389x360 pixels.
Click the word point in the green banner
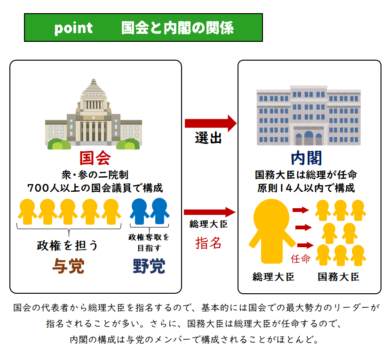[73, 28]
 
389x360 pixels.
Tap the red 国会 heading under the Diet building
[95, 158]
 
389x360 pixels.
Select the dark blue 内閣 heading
[306, 158]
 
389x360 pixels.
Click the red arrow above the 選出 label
[211, 123]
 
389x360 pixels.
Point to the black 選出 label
[208, 138]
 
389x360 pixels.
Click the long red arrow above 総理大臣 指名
[210, 212]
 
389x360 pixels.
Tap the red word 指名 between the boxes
[208, 243]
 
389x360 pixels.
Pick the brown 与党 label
[69, 266]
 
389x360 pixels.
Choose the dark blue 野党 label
[149, 266]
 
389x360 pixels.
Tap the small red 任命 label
[301, 258]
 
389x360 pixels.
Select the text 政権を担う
[67, 245]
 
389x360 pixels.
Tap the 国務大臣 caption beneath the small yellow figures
[338, 277]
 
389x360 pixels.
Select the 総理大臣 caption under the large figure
[273, 277]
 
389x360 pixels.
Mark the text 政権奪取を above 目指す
[149, 237]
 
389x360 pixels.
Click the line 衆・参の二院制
[95, 175]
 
